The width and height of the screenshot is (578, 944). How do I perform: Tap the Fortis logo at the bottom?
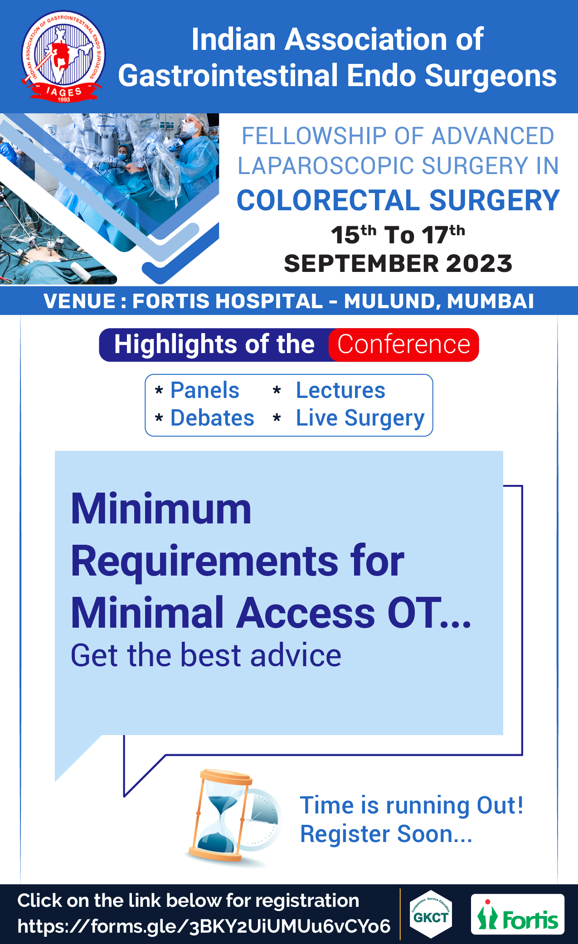pos(517,914)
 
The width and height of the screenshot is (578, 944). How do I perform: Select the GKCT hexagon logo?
pos(431,914)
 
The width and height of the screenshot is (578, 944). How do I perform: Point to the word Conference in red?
pos(403,344)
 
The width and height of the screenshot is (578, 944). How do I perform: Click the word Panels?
pos(205,390)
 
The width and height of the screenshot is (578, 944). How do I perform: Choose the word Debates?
pos(212,418)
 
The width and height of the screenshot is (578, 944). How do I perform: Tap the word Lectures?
pos(340,390)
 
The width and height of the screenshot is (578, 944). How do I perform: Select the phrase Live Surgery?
pos(360,418)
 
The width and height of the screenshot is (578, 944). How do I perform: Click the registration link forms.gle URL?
pos(204,926)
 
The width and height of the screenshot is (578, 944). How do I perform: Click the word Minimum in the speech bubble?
pos(161,509)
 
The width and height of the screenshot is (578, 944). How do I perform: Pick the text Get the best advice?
pos(206,655)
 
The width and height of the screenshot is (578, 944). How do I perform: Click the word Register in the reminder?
pos(345,834)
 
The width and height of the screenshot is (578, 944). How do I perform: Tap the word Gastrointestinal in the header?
pos(228,75)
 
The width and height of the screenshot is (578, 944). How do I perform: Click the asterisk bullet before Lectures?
pos(277,390)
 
